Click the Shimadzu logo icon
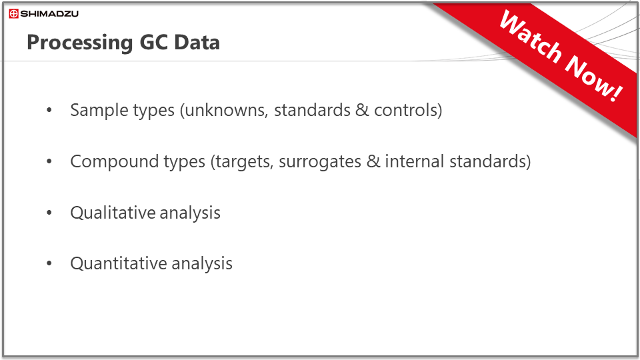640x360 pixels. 13,14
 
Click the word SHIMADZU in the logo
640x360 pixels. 49,14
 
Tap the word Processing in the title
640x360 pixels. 80,43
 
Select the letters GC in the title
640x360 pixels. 153,42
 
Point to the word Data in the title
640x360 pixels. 197,42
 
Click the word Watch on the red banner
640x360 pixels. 531,37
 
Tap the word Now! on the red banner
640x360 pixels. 594,78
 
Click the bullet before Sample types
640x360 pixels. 49,110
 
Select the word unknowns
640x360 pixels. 227,110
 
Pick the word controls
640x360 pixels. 405,110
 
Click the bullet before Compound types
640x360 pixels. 49,161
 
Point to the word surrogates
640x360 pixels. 320,162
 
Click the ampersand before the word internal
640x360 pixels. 373,161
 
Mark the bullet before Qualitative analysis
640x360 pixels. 49,212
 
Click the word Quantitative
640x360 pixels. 119,263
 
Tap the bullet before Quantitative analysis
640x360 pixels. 49,263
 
